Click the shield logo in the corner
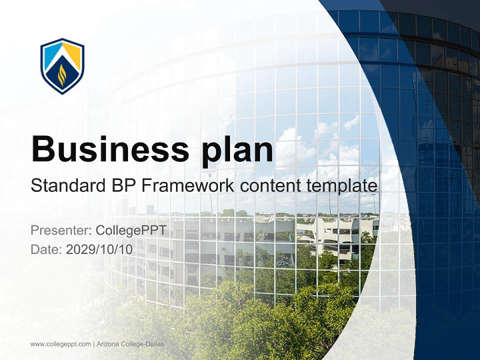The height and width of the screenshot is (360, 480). [x=62, y=66]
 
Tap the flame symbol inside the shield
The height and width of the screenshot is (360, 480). [x=62, y=75]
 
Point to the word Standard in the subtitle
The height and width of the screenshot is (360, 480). [x=64, y=186]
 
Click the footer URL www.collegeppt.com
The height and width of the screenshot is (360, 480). [x=60, y=344]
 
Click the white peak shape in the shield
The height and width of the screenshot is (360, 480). [x=62, y=52]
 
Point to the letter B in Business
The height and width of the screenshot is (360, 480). [x=43, y=149]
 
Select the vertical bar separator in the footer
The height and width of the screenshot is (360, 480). [x=93, y=344]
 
